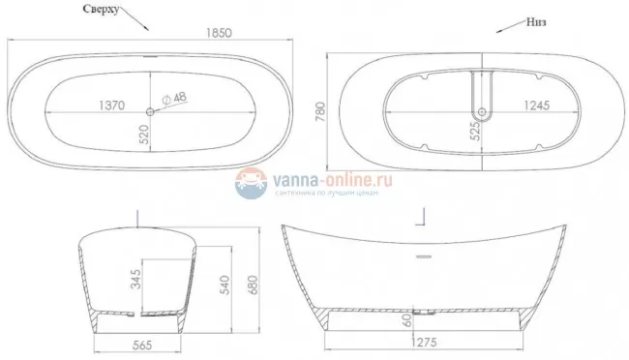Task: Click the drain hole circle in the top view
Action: pos(152,107)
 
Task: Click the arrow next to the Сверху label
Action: pos(135,18)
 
